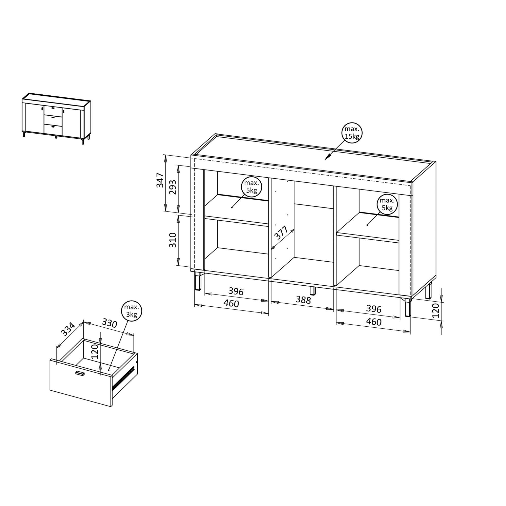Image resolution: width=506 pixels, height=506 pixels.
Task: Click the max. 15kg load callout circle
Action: point(352,133)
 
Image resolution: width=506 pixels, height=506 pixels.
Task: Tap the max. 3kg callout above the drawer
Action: point(132,311)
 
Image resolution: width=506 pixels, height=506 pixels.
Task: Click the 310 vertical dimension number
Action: point(173,240)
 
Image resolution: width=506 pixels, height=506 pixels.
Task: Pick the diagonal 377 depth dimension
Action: point(281,233)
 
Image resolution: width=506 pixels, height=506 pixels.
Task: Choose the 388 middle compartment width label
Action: point(303,300)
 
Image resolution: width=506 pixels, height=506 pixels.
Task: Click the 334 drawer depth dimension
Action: point(68,329)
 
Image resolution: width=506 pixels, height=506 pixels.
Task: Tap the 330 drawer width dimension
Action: point(110,323)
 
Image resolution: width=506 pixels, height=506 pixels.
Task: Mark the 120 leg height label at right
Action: point(435,311)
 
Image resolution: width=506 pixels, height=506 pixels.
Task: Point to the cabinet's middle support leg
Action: point(313,290)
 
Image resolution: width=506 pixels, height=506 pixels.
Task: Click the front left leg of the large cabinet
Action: point(198,281)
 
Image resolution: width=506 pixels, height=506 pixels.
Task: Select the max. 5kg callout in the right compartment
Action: point(387,204)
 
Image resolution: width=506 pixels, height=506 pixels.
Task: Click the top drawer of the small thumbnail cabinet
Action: point(53,110)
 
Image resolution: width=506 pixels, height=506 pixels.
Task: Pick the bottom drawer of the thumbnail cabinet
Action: point(53,129)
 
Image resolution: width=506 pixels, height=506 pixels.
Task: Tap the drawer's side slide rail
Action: point(123,377)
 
